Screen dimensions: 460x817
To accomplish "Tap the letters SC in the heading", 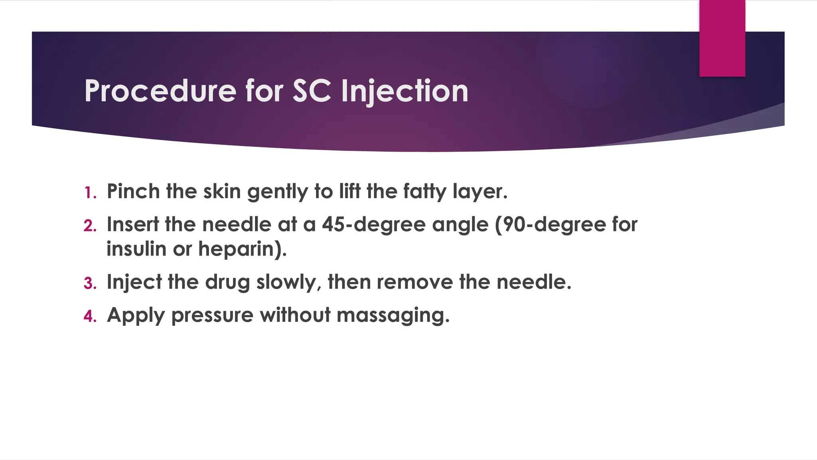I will point(312,91).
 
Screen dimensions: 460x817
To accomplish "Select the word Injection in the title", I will point(405,91).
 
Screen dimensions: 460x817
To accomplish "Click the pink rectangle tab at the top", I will point(722,38).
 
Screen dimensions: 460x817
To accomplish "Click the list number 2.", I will point(90,226).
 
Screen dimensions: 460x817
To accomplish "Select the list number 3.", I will point(90,284).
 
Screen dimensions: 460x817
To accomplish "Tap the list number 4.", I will point(90,316).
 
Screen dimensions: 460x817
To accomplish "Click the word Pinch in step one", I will point(133,191).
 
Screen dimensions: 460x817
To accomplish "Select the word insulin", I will point(136,249).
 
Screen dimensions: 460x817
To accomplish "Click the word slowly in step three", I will point(289,282).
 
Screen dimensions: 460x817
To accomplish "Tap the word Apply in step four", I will point(136,315).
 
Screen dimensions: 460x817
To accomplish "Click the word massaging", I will point(393,315).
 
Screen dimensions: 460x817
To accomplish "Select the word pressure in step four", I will point(212,315).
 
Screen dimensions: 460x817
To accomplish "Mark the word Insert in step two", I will point(133,224).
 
